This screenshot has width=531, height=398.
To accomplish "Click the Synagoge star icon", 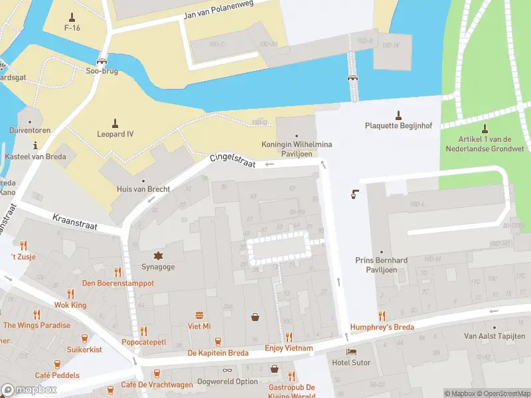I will click(158, 255).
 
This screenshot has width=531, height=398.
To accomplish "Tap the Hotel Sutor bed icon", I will click(351, 352).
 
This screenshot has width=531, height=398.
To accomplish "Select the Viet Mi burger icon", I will click(198, 315).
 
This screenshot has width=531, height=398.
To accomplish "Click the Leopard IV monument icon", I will click(115, 123).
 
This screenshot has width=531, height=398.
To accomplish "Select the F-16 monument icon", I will click(72, 17).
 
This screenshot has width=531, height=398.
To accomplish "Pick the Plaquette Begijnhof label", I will click(398, 125).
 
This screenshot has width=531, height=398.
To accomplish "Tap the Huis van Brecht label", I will click(143, 189).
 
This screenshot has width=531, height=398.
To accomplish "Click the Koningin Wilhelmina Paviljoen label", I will click(297, 149).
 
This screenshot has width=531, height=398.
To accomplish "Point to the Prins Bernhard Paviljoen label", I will click(381, 265).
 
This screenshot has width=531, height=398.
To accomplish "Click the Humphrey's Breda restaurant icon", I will click(382, 316).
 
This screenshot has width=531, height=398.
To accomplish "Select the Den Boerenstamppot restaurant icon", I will click(118, 272).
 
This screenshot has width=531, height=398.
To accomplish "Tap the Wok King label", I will click(70, 305).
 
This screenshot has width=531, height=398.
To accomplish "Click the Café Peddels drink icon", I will click(57, 364).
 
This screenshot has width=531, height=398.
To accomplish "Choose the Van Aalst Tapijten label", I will click(494, 336).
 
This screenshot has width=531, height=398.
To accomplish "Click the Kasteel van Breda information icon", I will click(36, 144).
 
